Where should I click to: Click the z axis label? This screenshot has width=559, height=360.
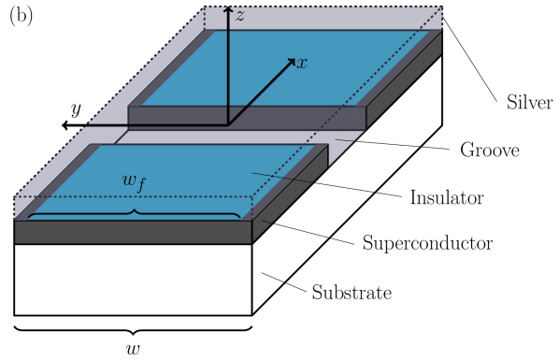pyautogui.click(x=240, y=15)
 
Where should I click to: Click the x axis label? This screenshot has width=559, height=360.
pyautogui.click(x=301, y=64)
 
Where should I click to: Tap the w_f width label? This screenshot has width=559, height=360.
pyautogui.click(x=134, y=181)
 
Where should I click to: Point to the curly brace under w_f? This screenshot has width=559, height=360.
pyautogui.click(x=134, y=214)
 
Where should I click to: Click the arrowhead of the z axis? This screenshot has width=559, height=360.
pyautogui.click(x=228, y=8)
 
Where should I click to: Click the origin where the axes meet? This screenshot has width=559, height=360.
pyautogui.click(x=228, y=124)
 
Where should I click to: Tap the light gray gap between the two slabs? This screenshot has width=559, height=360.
pyautogui.click(x=224, y=137)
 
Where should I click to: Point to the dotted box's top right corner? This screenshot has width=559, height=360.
pyautogui.click(x=441, y=8)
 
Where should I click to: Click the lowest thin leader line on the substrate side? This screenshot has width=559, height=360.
pyautogui.click(x=273, y=277)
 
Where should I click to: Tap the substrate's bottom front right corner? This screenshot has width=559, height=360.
pyautogui.click(x=251, y=314)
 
